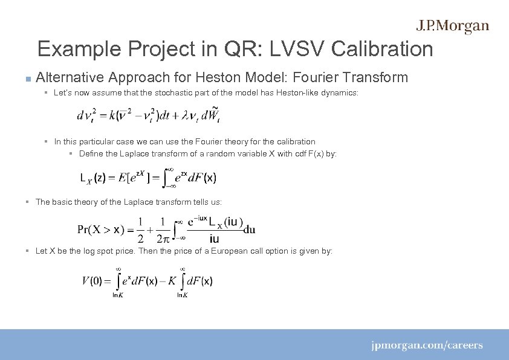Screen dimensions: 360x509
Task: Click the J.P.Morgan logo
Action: tap(452, 26)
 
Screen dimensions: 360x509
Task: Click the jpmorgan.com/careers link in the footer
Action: tap(427, 346)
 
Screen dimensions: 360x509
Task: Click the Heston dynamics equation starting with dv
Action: tap(148, 115)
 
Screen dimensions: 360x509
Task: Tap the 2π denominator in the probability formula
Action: tap(163, 238)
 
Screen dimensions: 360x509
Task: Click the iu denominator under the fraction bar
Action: tap(214, 239)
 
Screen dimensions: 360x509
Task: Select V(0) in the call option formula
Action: tap(92, 281)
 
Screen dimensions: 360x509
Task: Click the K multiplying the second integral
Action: tap(172, 281)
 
